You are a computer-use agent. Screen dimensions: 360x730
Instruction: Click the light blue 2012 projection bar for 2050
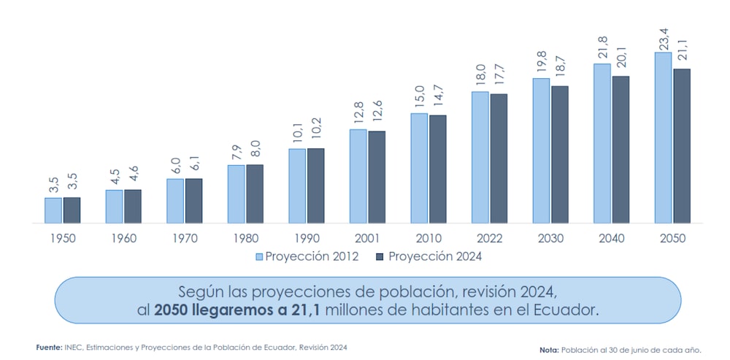[663, 137]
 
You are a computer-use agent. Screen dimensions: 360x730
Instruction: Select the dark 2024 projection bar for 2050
[681, 146]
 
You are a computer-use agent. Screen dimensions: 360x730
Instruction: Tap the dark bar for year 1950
[72, 210]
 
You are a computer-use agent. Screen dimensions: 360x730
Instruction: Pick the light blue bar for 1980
[236, 194]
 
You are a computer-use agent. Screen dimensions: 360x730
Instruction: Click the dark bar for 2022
[499, 158]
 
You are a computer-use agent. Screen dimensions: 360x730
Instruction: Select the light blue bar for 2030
[541, 150]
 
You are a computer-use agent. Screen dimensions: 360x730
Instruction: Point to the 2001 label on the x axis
[368, 238]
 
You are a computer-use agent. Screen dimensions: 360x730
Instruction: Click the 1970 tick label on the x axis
[185, 238]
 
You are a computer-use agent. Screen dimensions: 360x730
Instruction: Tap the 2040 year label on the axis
[611, 238]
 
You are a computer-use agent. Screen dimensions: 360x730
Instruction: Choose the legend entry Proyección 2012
[307, 256]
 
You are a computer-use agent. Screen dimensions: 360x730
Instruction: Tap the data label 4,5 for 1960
[115, 176]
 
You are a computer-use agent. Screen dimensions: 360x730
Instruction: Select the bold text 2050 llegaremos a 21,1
[237, 310]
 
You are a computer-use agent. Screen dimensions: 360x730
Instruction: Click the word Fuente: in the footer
[49, 347]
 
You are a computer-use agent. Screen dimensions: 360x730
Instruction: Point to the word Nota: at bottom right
[548, 351]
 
